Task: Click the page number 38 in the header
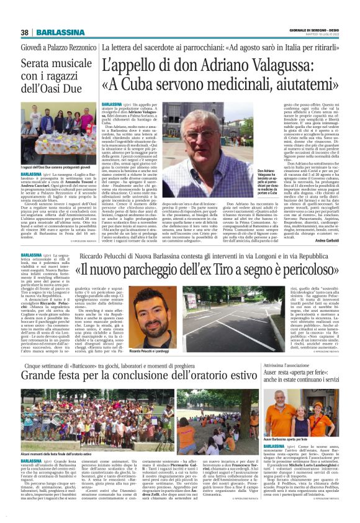coord(24,32)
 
